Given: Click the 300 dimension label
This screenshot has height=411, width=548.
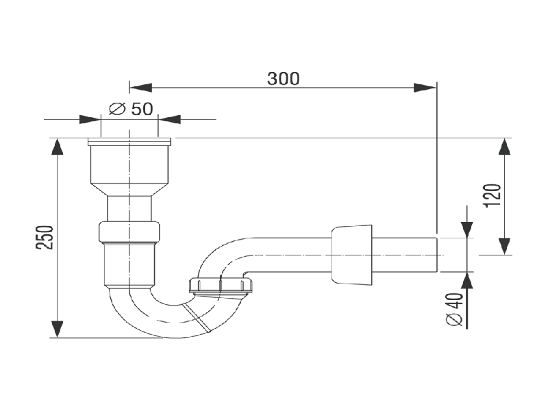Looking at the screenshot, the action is point(284,79).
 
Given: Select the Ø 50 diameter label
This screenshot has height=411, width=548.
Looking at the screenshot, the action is point(131,109).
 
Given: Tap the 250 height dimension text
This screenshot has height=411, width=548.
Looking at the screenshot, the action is point(45,237).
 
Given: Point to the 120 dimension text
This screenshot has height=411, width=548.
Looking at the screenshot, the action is point(493,195).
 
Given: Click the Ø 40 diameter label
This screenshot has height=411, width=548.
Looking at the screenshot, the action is point(455,310).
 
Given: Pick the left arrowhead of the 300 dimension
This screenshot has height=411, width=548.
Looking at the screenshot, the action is point(140,88).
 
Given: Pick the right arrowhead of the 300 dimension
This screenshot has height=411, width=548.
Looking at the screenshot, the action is point(425,88).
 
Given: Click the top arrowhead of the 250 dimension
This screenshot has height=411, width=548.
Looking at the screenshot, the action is point(58,146).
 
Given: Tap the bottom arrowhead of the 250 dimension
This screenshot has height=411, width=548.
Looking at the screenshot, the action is point(58,329).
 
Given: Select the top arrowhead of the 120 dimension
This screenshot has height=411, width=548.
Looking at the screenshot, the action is point(504,146).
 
